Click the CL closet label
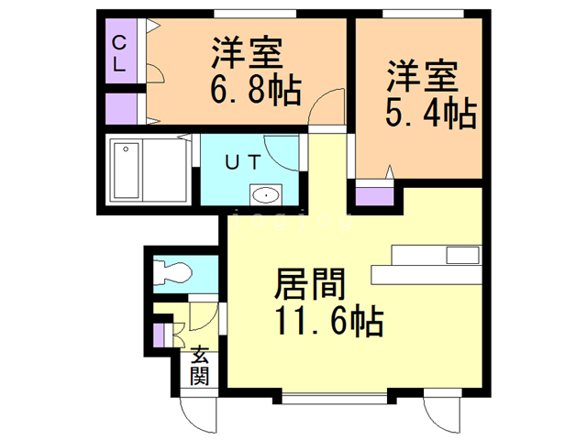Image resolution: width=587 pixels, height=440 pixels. click(119, 53)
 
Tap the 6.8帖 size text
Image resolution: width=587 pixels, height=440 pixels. click(256, 90)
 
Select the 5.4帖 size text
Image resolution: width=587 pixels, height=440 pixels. click(431, 113)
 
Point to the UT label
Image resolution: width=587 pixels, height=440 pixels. click(243, 163)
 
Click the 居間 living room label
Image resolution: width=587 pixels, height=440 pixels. click(310, 284)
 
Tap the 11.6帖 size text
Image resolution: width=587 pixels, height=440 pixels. click(329, 322)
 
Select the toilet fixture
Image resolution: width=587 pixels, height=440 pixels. click(172, 273)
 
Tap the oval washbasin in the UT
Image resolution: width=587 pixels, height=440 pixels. click(266, 195)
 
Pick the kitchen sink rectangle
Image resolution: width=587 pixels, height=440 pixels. click(462, 255)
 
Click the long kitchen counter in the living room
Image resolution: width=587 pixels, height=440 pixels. click(426, 275)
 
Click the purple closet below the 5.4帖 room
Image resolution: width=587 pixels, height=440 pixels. click(374, 196)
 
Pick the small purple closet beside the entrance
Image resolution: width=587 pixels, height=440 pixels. click(159, 335)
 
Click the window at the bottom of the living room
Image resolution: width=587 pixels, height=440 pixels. click(334, 399)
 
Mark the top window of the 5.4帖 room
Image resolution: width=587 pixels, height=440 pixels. click(423, 14)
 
